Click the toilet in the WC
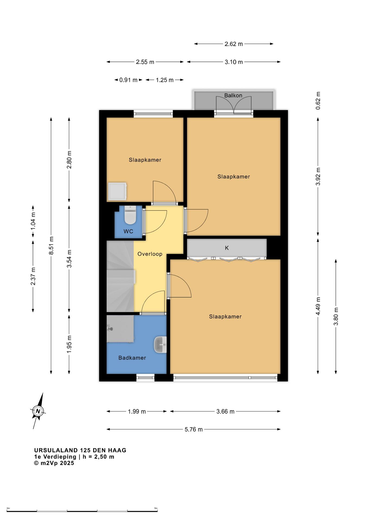coord(130,215)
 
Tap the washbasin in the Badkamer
coord(160,344)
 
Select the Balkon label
coord(233,95)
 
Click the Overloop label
coord(150,254)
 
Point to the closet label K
coord(227,248)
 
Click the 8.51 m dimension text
coord(51,245)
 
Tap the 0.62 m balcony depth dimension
coord(318,100)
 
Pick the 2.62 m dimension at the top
coord(234,44)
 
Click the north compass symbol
coord(38,411)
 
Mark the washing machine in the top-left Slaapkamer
coord(117,191)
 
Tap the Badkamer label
coord(132,358)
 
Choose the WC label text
coord(128,231)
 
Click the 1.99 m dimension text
coord(137,412)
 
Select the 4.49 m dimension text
coord(318,306)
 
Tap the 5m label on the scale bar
coord(156,508)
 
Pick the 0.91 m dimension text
coord(128,80)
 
